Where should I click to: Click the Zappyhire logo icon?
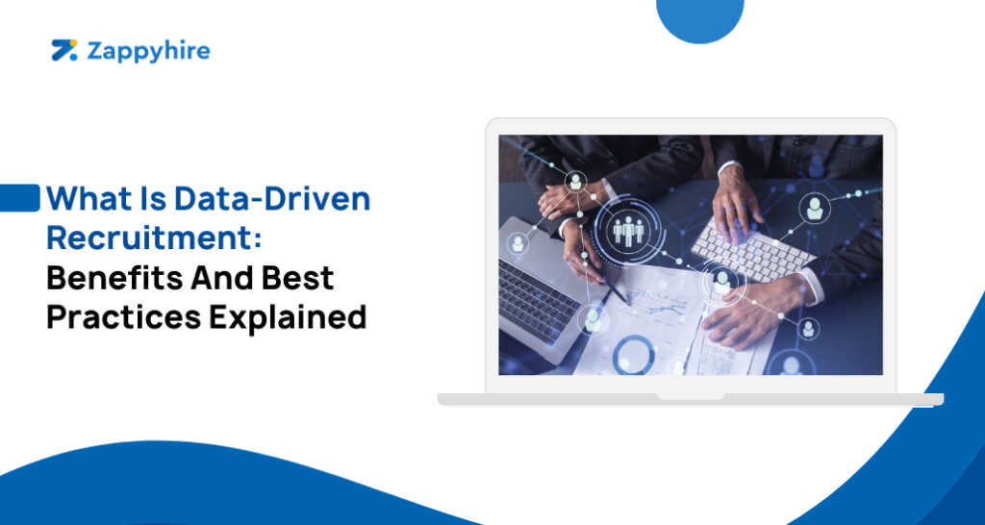pyautogui.click(x=63, y=51)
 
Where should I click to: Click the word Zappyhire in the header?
pyautogui.click(x=148, y=51)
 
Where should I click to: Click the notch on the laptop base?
pyautogui.click(x=690, y=394)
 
